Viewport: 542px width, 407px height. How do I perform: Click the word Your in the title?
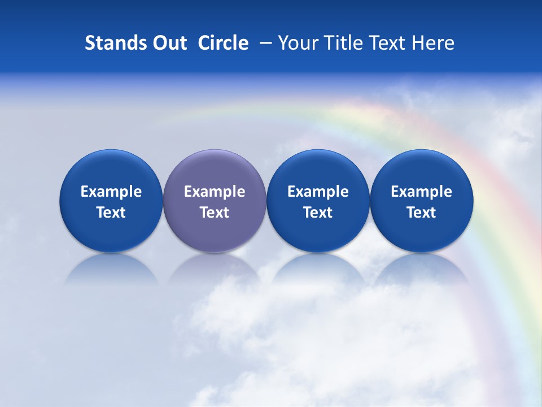298,43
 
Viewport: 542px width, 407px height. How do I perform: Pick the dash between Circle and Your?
263,43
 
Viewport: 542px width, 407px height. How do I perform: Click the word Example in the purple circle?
215,192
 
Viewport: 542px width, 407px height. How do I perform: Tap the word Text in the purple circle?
215,213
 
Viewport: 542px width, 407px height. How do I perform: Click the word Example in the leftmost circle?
111,192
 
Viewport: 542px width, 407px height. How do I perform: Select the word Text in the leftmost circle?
111,213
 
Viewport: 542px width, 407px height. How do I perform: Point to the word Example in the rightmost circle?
421,192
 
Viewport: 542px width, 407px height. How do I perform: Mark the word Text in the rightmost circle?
421,213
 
